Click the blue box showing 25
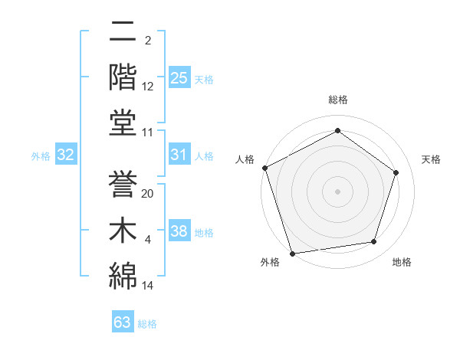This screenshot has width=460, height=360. [x=179, y=77]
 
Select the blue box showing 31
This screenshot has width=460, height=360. [x=179, y=155]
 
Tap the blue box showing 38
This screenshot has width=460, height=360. [x=179, y=231]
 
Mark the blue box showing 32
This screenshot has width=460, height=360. [x=66, y=155]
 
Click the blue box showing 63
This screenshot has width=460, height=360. [x=123, y=322]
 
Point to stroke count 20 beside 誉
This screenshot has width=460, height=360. [x=148, y=194]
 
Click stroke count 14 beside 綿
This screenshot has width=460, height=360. [x=148, y=286]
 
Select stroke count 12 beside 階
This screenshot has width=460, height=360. [x=148, y=87]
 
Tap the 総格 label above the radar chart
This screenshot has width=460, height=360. [x=337, y=100]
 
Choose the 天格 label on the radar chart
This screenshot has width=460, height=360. [x=431, y=159]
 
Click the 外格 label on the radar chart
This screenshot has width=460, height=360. [x=270, y=262]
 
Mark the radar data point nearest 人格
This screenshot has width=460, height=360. [x=264, y=168]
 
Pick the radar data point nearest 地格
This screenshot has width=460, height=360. [x=374, y=242]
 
